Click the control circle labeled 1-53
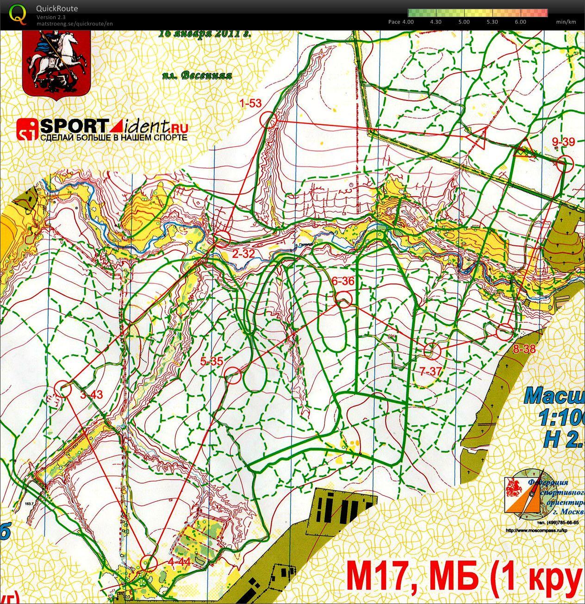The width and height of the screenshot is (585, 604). (268, 120)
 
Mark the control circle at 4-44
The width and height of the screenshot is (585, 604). (149, 562)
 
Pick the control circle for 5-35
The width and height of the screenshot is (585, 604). (234, 376)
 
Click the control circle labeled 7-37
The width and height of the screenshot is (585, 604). (432, 351)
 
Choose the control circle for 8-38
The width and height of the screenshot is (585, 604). (505, 331)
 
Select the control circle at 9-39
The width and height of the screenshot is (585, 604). (564, 164)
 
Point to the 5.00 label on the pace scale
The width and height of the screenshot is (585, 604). (463, 22)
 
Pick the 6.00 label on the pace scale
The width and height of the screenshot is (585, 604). (520, 22)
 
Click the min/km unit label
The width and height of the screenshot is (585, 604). (566, 22)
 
